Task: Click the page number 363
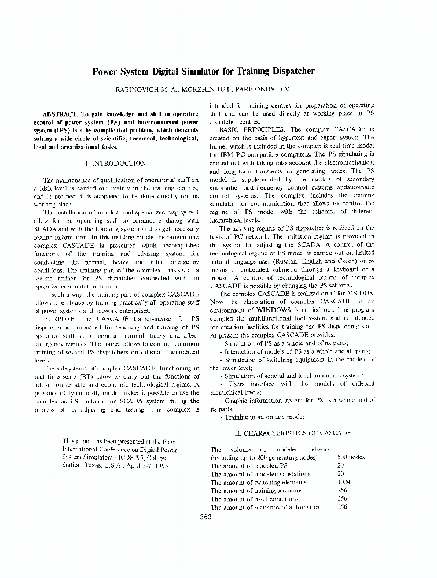205,517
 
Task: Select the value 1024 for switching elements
344,482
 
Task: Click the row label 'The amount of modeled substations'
260,474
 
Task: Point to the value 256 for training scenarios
342,490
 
